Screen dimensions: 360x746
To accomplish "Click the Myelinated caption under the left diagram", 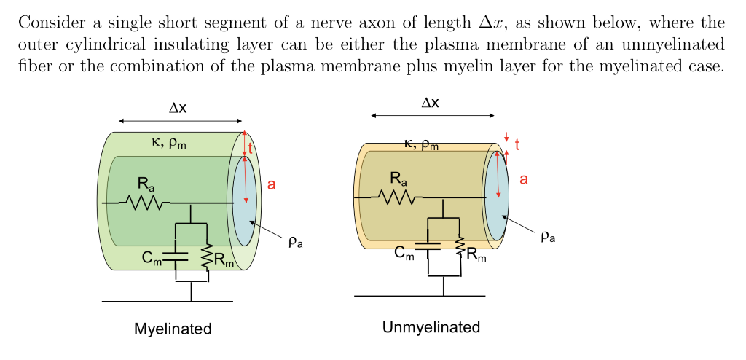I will [173, 329].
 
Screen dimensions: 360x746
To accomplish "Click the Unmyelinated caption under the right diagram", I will [431, 327].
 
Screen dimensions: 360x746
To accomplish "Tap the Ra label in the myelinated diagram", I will [146, 185].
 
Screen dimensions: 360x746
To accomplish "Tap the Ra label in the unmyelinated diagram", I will [398, 178].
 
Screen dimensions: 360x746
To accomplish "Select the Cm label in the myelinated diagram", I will [152, 257].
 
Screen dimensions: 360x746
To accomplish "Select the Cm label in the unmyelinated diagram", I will [404, 253].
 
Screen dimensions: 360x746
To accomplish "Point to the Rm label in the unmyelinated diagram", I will [476, 255].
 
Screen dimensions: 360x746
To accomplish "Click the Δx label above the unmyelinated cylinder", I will [431, 103].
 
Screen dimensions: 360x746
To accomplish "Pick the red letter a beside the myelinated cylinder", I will [271, 184].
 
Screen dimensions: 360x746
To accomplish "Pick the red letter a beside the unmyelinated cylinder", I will [523, 179].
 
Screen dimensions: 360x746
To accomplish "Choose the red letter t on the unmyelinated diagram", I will [517, 144].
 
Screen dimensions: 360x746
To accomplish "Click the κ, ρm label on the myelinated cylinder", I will [168, 142].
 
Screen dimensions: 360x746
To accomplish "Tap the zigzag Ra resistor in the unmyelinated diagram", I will [397, 197].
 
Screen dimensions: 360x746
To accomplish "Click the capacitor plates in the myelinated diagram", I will [175, 255].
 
